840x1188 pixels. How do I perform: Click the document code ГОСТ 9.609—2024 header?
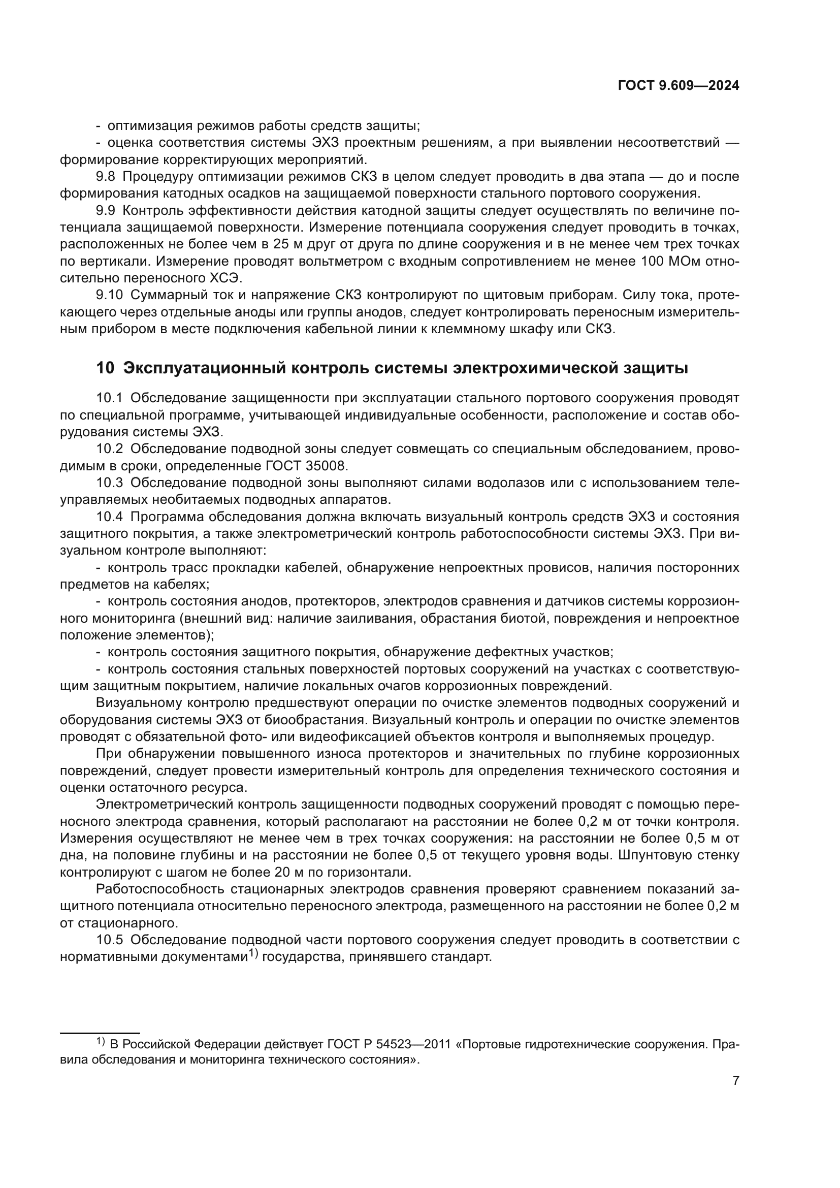point(678,86)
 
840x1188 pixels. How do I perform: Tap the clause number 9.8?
point(106,177)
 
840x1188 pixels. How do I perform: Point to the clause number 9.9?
point(106,211)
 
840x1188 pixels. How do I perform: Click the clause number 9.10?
point(110,296)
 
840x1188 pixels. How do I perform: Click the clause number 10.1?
point(110,398)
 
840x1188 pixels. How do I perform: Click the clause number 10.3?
point(110,483)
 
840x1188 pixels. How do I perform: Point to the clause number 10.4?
point(110,517)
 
